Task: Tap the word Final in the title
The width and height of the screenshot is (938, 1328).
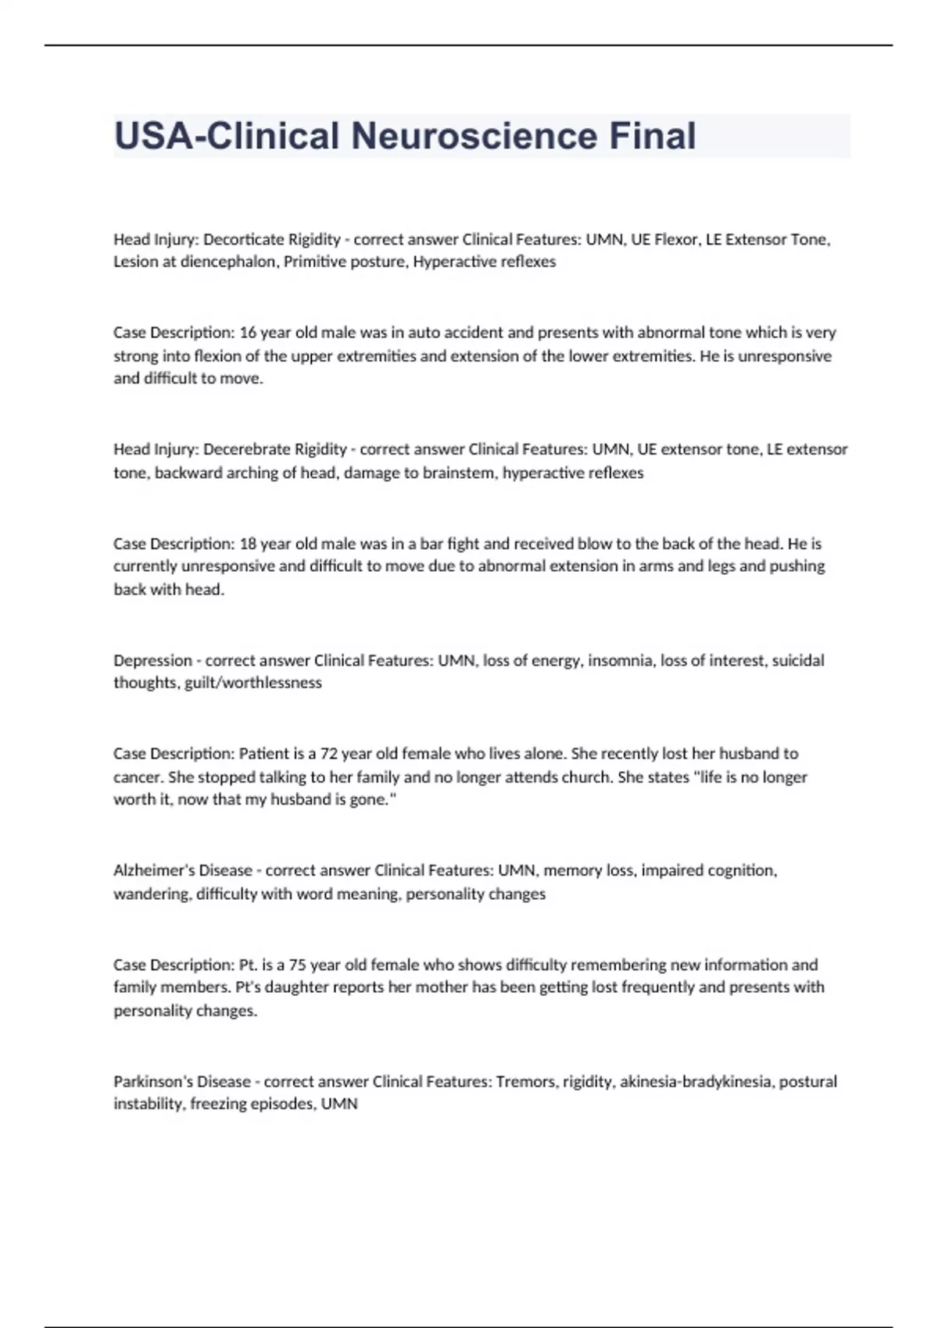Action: click(x=652, y=136)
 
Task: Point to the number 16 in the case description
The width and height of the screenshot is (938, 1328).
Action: click(x=248, y=333)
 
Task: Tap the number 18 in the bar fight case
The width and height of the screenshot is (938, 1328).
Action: click(x=248, y=544)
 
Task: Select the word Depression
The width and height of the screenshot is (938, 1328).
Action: click(x=152, y=661)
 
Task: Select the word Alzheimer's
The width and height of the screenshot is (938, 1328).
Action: click(x=156, y=870)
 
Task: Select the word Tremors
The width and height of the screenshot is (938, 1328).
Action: click(x=524, y=1082)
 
